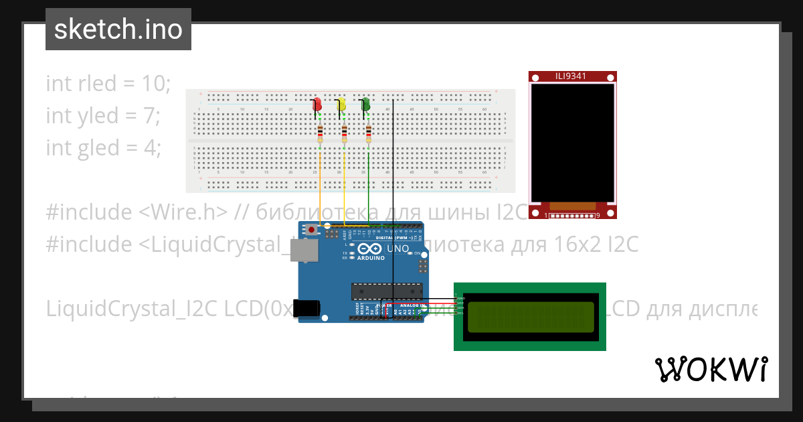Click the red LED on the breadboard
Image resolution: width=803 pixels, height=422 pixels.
click(318, 105)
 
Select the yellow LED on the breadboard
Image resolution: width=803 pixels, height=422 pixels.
click(342, 105)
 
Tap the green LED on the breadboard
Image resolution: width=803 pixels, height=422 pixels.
click(366, 105)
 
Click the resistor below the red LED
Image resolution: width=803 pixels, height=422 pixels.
click(321, 133)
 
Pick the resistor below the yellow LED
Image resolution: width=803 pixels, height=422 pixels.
click(345, 133)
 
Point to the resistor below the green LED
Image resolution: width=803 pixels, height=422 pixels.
click(369, 133)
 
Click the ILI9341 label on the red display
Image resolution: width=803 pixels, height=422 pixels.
click(571, 76)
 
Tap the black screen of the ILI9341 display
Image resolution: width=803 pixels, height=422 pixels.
click(572, 142)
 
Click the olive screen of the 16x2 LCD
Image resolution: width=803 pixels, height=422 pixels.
click(531, 317)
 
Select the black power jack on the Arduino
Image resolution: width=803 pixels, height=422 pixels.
click(307, 309)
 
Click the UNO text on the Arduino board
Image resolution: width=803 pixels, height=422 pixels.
click(397, 249)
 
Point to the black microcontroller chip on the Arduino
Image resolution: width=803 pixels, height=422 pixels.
click(387, 292)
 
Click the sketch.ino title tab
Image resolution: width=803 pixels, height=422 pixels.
click(118, 29)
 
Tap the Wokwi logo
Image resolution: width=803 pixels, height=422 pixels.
click(711, 369)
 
